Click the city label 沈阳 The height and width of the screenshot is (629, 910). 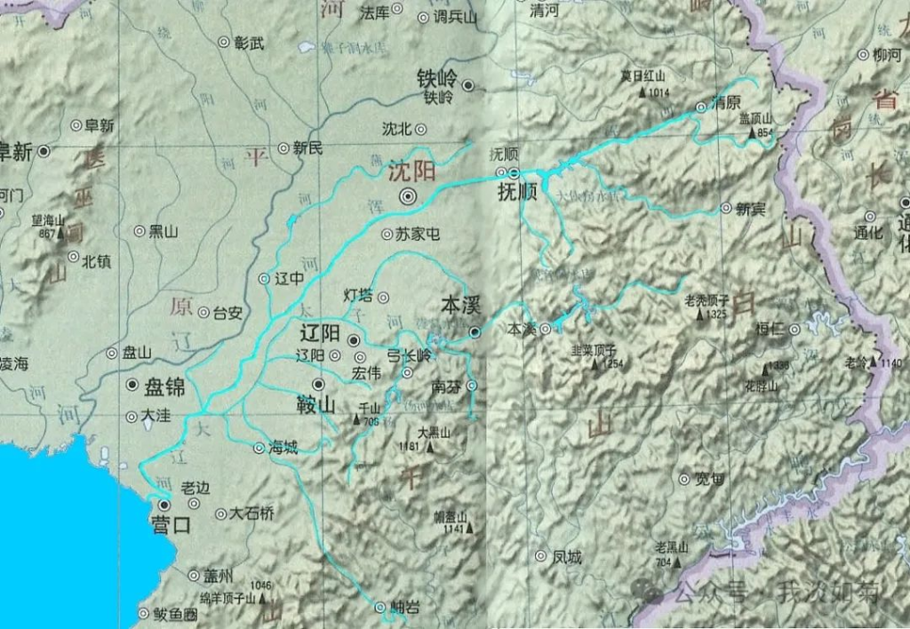coord(411,172)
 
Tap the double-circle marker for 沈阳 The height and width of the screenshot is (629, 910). coord(408,197)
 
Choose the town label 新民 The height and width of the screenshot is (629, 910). coord(307,148)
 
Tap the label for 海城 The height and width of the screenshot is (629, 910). coord(284,448)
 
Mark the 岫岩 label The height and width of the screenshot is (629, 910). coord(404,608)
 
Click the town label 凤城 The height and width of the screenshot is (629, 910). coord(567,557)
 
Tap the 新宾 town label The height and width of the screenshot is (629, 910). coord(750,208)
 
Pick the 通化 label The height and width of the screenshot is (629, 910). coord(868,234)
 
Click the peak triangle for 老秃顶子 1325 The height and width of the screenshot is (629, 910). coord(699,314)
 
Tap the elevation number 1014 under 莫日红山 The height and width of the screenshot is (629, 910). coord(659,92)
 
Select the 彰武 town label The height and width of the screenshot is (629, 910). coord(249,42)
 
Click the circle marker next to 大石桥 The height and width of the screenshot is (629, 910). coord(220,514)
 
